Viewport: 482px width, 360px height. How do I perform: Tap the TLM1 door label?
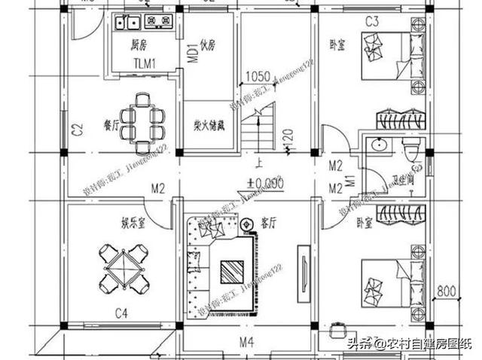(x=145, y=63)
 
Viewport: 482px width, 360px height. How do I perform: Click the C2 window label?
(x=76, y=130)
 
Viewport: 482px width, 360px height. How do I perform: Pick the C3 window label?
(x=372, y=21)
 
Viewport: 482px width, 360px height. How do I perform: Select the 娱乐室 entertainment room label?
(x=134, y=223)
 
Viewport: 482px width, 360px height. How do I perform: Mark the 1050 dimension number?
(x=258, y=77)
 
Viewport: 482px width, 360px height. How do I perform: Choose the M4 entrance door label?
(x=246, y=343)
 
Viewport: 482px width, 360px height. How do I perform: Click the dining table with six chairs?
(x=145, y=119)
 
